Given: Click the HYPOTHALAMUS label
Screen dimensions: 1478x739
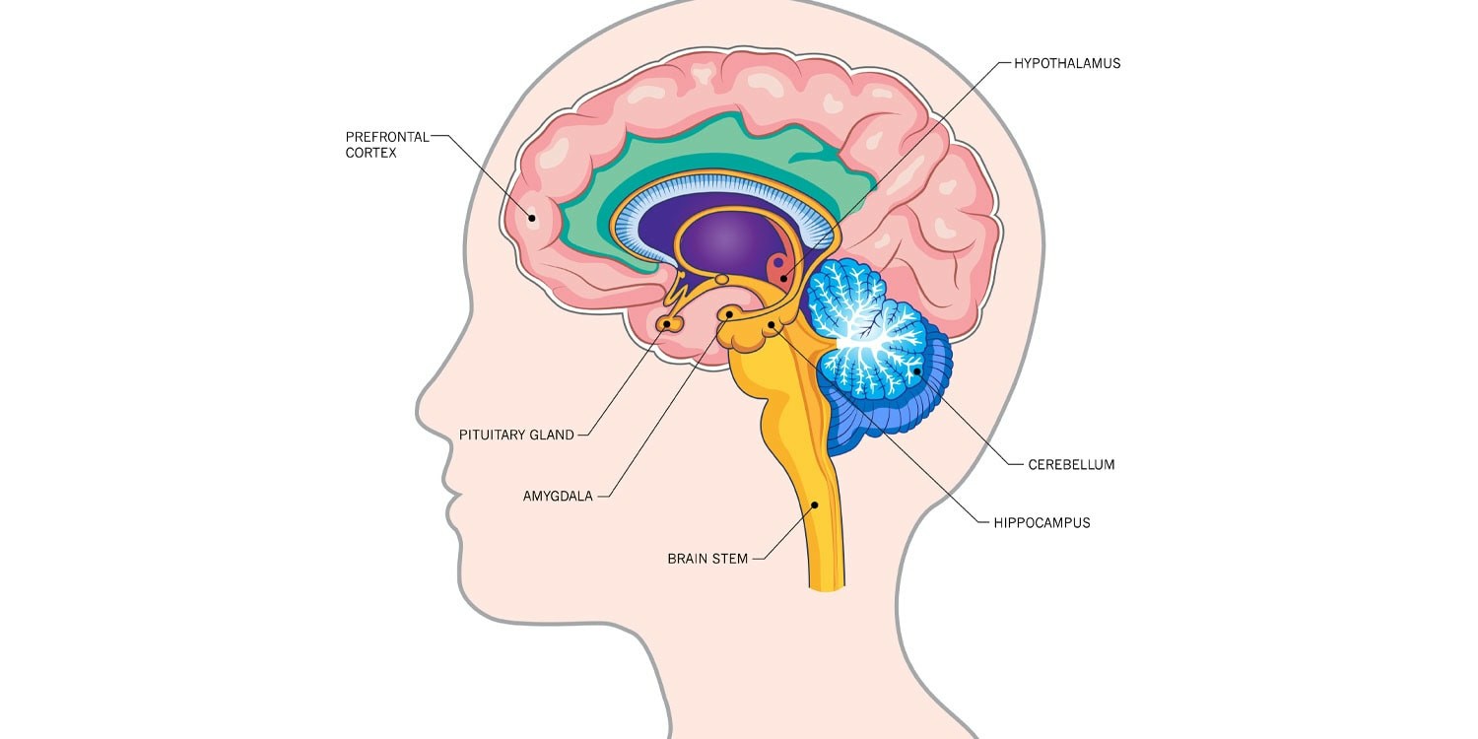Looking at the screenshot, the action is click(x=1067, y=63).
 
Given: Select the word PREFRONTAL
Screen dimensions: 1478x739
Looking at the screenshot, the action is click(x=387, y=137).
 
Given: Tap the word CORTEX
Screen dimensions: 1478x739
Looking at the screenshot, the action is click(x=370, y=153).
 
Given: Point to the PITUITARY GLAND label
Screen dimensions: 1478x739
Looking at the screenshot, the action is click(x=516, y=435).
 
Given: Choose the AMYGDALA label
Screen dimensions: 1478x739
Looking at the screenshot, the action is click(x=558, y=497).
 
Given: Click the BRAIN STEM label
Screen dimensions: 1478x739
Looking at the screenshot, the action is click(x=707, y=559).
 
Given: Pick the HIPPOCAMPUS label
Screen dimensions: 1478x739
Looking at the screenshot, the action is click(x=1041, y=523).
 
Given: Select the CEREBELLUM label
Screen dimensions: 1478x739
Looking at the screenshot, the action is click(x=1071, y=464).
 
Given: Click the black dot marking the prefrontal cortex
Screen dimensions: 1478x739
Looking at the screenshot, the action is click(x=531, y=217).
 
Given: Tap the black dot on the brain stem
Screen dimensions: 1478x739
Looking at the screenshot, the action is click(x=815, y=504).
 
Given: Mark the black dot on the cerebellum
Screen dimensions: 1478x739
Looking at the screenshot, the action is click(x=916, y=370).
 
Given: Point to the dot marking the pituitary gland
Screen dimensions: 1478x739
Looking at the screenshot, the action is click(x=666, y=324).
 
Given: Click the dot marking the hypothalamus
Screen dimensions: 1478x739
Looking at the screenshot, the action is click(x=783, y=278).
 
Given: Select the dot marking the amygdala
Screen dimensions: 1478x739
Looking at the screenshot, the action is click(x=729, y=314).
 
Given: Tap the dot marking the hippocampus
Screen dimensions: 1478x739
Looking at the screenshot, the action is click(x=772, y=324).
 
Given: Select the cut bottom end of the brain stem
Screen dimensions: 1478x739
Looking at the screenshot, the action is click(x=827, y=586).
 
